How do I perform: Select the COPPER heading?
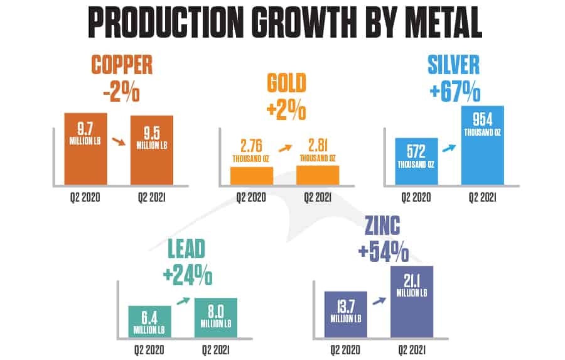pyautogui.click(x=122, y=65)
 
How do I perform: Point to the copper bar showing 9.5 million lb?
pyautogui.click(x=151, y=150)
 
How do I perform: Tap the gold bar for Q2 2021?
pyautogui.click(x=317, y=175)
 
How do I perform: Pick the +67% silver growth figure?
pyautogui.click(x=455, y=93)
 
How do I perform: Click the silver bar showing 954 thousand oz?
pyautogui.click(x=482, y=145)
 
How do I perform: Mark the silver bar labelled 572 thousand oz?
pyautogui.click(x=416, y=161)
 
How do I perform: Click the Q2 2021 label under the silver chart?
pyautogui.click(x=482, y=198)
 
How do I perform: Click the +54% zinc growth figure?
pyautogui.click(x=383, y=251)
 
